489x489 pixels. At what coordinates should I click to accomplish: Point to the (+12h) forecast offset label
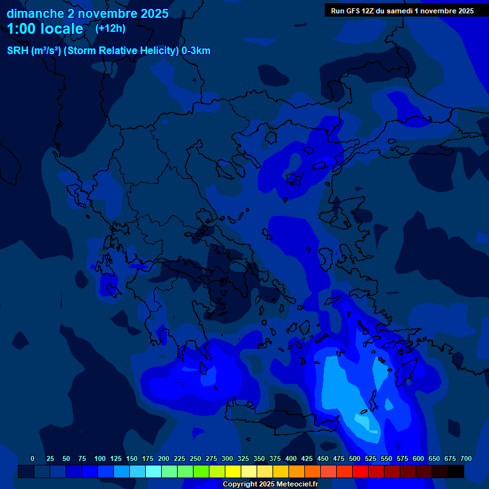click(x=110, y=29)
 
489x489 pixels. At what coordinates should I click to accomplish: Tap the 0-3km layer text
click(x=196, y=51)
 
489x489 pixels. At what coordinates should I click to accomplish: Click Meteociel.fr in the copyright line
click(x=291, y=484)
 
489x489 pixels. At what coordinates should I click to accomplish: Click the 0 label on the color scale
click(x=32, y=458)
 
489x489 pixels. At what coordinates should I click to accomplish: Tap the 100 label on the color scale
click(x=100, y=458)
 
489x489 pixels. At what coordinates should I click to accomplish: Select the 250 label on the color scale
click(x=195, y=458)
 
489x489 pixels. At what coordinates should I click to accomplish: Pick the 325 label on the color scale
click(x=243, y=458)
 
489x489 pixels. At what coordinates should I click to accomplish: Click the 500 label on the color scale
click(x=355, y=458)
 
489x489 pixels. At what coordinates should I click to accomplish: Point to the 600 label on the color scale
click(x=418, y=458)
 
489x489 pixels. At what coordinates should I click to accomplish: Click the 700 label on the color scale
click(x=466, y=458)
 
